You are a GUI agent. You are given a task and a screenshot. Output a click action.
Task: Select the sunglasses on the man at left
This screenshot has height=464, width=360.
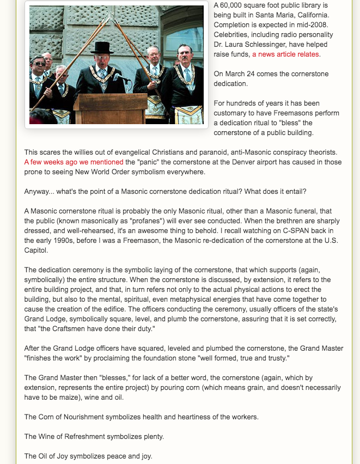tap(38, 64)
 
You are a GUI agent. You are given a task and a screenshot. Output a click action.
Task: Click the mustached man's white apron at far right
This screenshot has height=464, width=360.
tap(189, 114)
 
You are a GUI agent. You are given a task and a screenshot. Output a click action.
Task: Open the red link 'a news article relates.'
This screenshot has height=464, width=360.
tap(286, 54)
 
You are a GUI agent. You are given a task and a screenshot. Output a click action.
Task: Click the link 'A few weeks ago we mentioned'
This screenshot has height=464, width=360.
tap(74, 162)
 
